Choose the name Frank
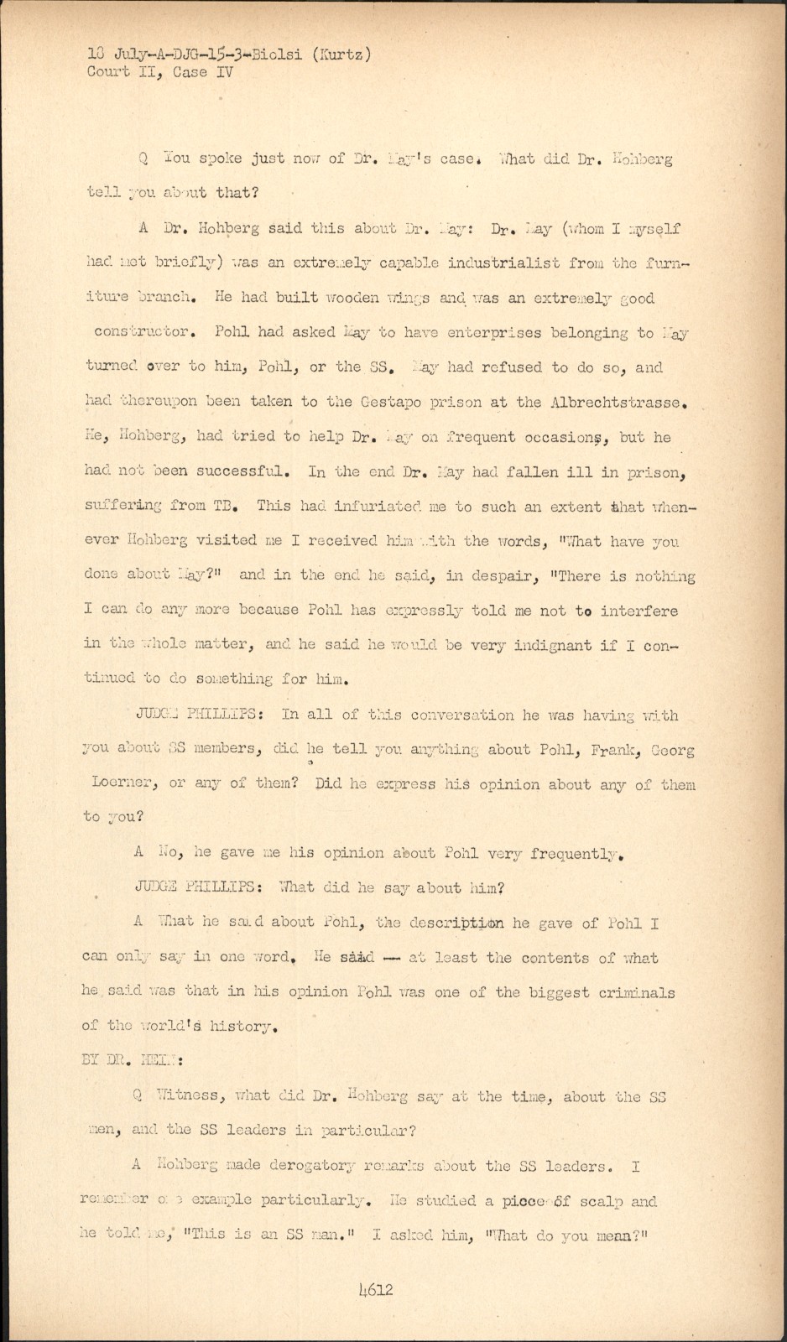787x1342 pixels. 613,750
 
